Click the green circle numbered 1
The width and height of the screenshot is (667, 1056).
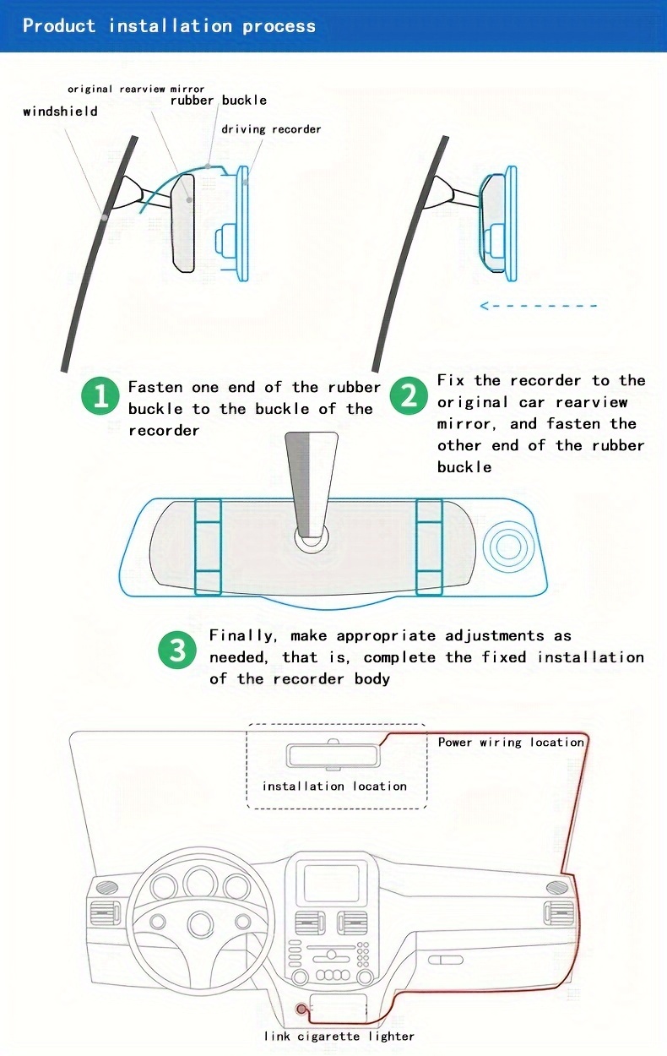[100, 397]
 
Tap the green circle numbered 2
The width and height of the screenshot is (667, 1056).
[409, 396]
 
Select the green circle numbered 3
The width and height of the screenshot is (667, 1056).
[177, 650]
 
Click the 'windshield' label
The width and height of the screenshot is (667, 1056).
[60, 112]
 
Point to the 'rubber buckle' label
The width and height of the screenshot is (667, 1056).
[219, 100]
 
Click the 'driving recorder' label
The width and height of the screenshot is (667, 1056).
[271, 129]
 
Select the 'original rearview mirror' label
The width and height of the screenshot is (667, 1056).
[136, 89]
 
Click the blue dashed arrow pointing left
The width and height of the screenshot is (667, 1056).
[539, 306]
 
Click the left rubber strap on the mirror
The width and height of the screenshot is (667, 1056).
[208, 546]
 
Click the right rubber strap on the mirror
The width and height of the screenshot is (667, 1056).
[429, 546]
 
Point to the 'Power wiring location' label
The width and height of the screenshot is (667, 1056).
[511, 742]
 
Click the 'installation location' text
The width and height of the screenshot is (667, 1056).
[334, 786]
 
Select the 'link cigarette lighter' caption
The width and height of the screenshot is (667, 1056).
[339, 1036]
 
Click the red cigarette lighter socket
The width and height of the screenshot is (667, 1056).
[301, 1009]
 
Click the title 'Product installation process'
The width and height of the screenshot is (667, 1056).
[169, 25]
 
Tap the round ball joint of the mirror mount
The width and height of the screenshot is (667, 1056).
[312, 534]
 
